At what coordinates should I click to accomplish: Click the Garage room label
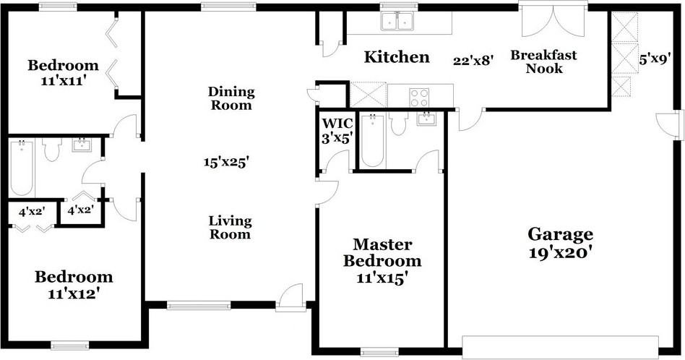[x=561, y=235]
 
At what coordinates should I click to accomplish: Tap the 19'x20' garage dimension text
[x=561, y=253]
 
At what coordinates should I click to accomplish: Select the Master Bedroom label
[x=383, y=252]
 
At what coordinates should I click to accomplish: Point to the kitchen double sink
[x=397, y=21]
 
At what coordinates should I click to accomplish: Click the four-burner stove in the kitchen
[x=419, y=98]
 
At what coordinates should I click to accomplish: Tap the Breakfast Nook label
[x=544, y=61]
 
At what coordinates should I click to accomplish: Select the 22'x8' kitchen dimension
[x=473, y=61]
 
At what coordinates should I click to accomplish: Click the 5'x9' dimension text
[x=655, y=60]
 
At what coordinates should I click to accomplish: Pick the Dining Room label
[x=231, y=98]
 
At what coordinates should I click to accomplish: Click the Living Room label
[x=231, y=228]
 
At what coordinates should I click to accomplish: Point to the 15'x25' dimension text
[x=226, y=162]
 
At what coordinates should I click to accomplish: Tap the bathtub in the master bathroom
[x=373, y=141]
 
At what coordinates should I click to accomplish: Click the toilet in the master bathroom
[x=398, y=123]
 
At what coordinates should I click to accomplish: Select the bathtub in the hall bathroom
[x=22, y=168]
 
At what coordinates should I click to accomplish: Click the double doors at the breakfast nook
[x=553, y=20]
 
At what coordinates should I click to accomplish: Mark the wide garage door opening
[x=561, y=347]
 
